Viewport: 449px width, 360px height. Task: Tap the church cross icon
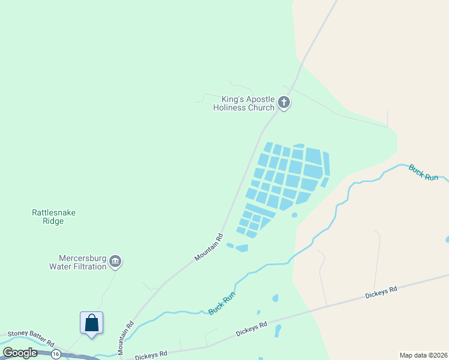click(284, 103)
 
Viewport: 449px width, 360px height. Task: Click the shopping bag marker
click(91, 323)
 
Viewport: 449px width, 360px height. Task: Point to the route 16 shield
click(56, 354)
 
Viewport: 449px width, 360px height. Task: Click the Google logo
click(20, 353)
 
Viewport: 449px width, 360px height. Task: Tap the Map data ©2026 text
click(423, 355)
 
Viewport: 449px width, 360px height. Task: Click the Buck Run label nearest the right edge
click(424, 173)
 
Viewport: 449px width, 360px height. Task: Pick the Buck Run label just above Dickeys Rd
click(222, 301)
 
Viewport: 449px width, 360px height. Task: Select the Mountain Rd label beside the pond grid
click(209, 247)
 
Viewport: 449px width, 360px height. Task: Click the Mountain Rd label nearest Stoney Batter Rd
click(129, 333)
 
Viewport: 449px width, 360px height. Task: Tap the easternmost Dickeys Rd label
click(381, 293)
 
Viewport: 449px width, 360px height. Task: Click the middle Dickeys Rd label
click(251, 329)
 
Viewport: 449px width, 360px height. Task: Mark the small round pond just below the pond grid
click(294, 215)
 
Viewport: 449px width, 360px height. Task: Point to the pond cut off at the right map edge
click(447, 239)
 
